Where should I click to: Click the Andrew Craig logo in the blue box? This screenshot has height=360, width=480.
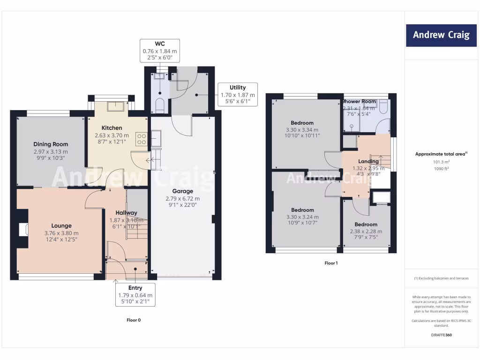click(441, 35)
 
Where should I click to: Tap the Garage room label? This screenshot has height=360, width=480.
click(182, 191)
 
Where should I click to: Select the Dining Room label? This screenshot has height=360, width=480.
click(51, 144)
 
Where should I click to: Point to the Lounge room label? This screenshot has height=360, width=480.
click(61, 225)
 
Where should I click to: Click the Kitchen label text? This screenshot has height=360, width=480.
click(112, 128)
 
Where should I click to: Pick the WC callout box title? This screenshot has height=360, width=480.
click(159, 44)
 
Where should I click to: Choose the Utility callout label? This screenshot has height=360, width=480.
click(237, 87)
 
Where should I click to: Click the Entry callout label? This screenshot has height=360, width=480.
click(135, 287)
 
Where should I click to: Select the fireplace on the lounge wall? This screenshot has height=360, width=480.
click(22, 230)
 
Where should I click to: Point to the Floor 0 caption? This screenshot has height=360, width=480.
click(134, 320)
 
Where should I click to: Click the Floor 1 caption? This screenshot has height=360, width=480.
click(331, 263)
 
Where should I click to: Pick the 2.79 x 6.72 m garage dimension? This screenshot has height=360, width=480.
click(182, 199)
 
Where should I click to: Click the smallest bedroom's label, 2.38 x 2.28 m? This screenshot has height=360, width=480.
click(366, 231)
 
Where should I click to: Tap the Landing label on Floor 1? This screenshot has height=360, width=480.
click(368, 162)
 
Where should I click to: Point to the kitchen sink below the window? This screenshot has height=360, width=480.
click(115, 106)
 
